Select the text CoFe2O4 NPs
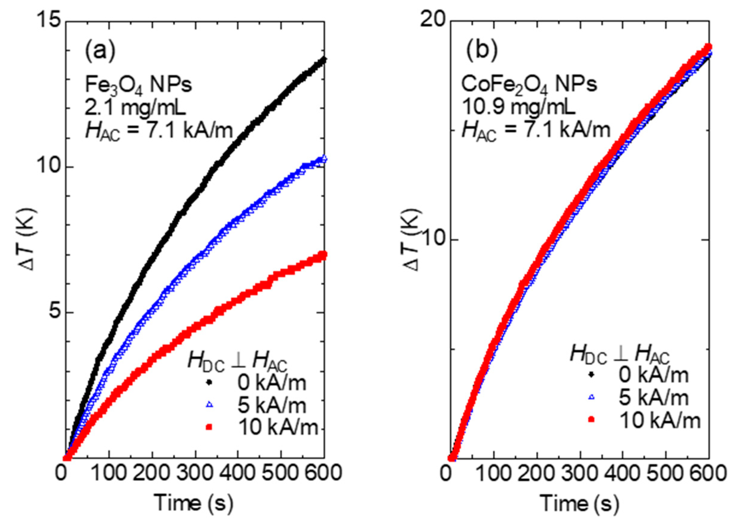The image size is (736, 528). click(529, 84)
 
